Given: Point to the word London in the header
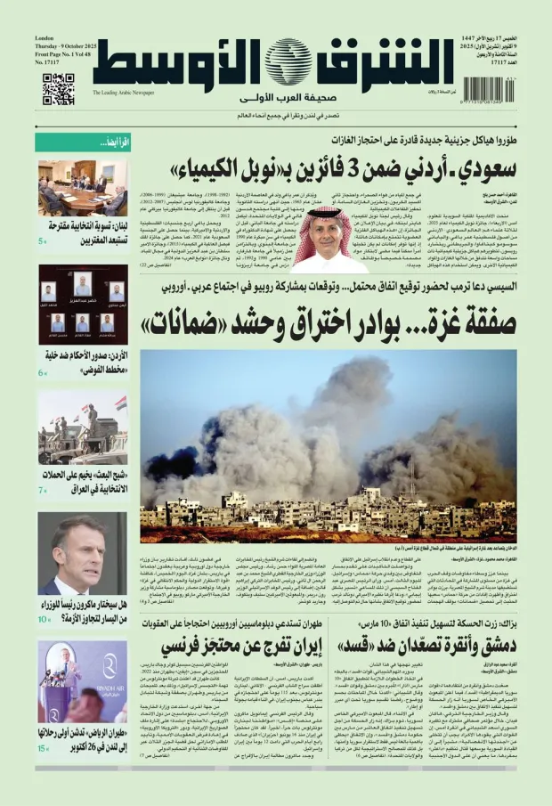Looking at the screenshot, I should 45,39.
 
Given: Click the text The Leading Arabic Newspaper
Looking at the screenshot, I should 123,92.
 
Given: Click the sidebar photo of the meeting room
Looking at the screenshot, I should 82,188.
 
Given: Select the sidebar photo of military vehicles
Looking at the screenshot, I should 82,430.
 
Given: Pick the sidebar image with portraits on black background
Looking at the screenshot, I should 82,305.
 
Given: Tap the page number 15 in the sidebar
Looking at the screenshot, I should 42,748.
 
